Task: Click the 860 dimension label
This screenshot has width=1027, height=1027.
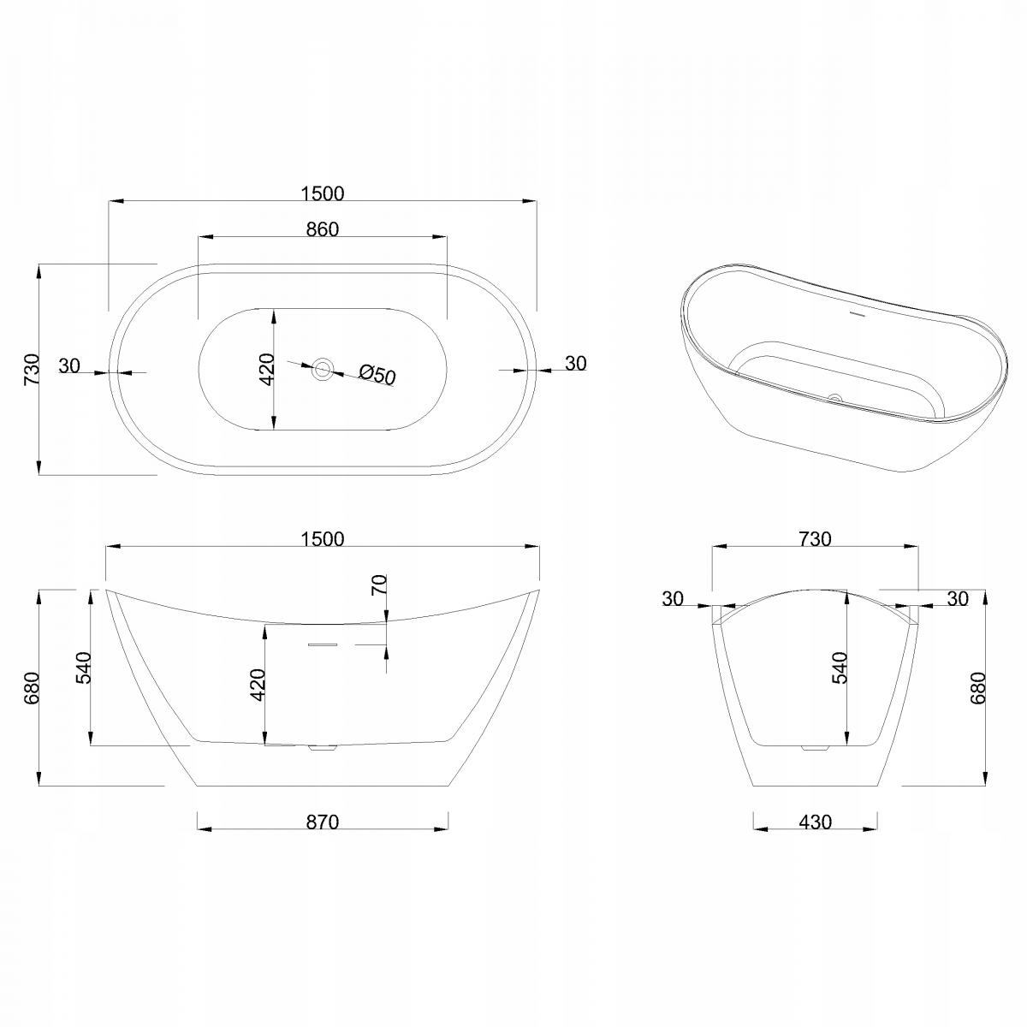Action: [x=323, y=229]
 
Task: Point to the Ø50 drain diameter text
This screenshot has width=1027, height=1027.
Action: [x=377, y=374]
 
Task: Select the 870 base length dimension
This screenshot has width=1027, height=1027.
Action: [x=323, y=822]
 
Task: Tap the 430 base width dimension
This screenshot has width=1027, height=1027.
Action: [x=816, y=822]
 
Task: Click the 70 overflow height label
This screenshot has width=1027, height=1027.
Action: [x=378, y=585]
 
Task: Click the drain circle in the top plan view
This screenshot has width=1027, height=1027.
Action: [x=323, y=368]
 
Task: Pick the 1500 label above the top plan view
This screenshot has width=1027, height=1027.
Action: [x=323, y=193]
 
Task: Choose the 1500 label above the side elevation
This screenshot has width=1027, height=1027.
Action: [x=323, y=539]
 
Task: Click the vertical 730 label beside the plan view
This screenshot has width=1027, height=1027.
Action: [x=32, y=370]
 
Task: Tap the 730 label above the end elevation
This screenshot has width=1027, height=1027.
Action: [x=816, y=539]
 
